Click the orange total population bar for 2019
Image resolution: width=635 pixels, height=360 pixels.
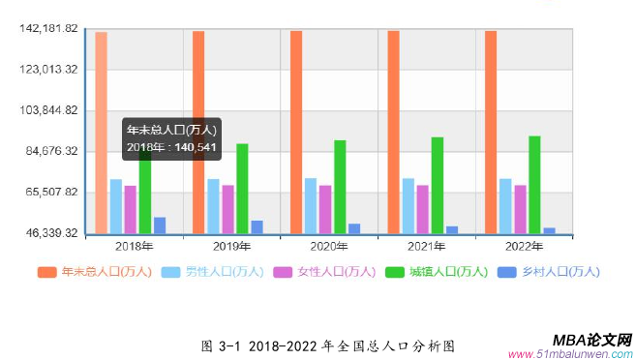(198, 132)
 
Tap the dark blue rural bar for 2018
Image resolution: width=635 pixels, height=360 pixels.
(160, 225)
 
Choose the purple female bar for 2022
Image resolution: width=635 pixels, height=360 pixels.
(521, 208)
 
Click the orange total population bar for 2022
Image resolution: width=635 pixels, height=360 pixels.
(491, 132)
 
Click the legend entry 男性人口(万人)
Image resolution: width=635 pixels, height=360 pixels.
(213, 272)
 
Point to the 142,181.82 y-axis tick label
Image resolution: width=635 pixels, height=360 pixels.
(48, 28)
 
